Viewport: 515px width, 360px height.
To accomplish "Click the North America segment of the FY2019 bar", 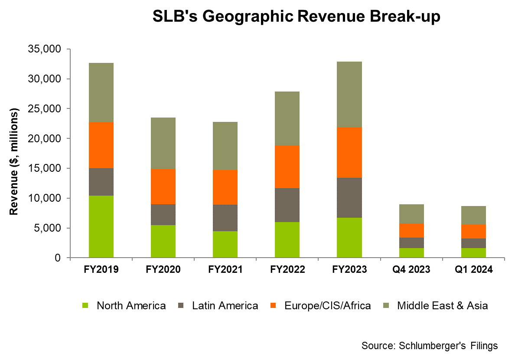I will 101,226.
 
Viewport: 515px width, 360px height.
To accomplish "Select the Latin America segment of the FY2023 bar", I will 349,197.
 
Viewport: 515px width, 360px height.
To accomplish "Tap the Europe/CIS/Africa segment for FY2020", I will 163,187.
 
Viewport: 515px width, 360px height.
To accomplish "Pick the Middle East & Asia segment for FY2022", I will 287,118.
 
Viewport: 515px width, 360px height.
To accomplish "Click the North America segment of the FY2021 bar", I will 225,244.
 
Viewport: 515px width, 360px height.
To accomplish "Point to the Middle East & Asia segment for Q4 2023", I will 411,214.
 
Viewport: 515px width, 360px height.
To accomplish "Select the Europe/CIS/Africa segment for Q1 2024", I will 473,231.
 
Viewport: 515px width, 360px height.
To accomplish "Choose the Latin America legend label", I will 225,306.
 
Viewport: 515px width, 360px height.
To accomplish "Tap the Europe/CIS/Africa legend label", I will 328,306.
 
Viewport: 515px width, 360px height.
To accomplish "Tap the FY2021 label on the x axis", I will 225,270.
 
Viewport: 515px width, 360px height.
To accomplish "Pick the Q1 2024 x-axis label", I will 473,270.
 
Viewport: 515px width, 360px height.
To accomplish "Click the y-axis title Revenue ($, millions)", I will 14,162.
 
